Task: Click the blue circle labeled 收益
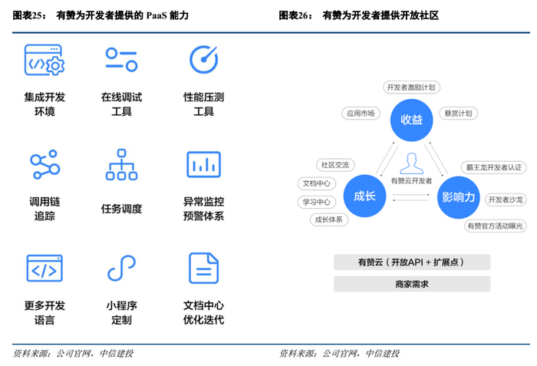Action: click(411, 119)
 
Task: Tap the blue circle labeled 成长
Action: click(364, 196)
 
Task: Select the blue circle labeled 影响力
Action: click(459, 196)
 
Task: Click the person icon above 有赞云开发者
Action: click(412, 163)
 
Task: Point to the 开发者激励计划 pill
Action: click(412, 87)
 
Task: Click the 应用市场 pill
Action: click(360, 114)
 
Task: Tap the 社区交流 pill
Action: click(334, 165)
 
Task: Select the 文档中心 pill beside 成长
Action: click(316, 183)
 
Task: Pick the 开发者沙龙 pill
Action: click(505, 199)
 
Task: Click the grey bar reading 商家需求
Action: click(411, 284)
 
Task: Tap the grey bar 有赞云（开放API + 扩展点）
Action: click(411, 262)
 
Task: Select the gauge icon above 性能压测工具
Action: click(203, 60)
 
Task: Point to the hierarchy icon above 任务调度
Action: click(121, 164)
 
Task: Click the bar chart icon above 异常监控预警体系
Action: click(203, 164)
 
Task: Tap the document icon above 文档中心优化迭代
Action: click(203, 268)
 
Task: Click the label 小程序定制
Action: click(121, 312)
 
